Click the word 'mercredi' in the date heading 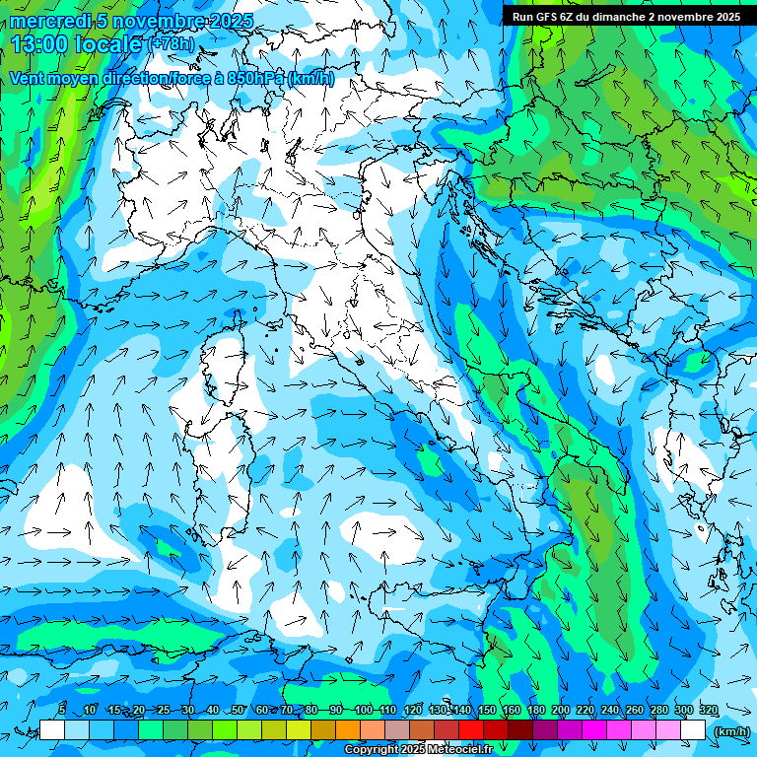pos(49,21)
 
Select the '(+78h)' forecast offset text pos(170,44)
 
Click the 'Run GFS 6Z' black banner pos(627,17)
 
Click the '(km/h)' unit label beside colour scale pos(729,730)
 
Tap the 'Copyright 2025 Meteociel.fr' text pos(418,749)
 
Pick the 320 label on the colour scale pos(708,710)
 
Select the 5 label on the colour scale pos(62,710)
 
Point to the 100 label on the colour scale pos(364,710)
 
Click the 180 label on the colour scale pos(535,710)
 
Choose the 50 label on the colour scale pos(238,710)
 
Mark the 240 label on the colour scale pos(610,710)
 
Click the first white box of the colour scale pos(52,729)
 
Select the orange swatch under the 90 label pos(348,729)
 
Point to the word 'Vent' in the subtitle pos(29,78)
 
